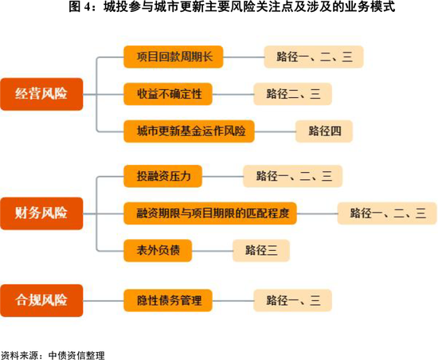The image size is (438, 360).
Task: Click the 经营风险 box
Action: point(41,94)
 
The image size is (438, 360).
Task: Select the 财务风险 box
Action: point(41,213)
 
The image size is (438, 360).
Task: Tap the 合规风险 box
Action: point(41,300)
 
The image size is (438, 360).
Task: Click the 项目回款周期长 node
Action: point(174,57)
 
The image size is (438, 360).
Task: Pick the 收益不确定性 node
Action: point(168,94)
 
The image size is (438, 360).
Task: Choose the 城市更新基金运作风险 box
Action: point(189,131)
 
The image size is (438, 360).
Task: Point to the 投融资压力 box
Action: point(162,176)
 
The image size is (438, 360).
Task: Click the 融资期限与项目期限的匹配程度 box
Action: point(210,213)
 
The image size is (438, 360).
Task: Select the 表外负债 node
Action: point(158,251)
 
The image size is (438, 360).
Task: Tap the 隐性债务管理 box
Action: point(168,300)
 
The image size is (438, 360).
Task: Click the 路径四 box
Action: point(324,131)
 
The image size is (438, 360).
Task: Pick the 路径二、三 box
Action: point(293,94)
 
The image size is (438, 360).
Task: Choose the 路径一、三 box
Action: point(293,300)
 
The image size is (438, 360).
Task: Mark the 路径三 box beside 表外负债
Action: point(261,251)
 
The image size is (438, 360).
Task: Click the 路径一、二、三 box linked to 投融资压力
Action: point(293,176)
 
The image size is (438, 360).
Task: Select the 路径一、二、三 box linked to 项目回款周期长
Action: point(314,57)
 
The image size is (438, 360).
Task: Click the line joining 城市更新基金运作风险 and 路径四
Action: point(276,131)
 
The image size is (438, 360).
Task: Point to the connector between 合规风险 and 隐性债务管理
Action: point(104,301)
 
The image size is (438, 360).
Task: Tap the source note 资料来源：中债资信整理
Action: point(53,355)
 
